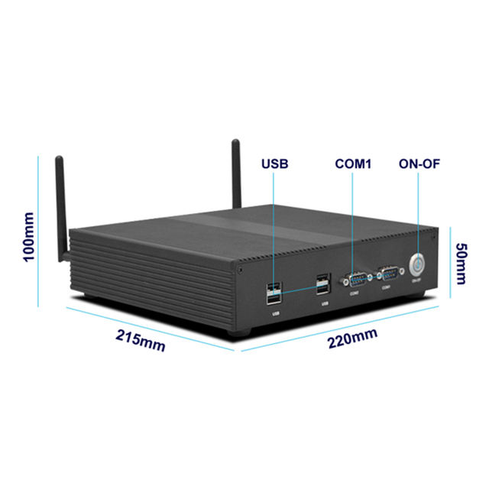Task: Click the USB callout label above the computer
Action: coord(275,164)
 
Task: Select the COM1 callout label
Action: coord(352,164)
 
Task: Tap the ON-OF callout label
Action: coord(419,164)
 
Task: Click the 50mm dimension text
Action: coord(461,263)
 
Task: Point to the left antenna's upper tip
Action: coord(59,160)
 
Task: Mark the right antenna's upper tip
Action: coord(235,143)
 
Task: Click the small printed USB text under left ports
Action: coord(275,313)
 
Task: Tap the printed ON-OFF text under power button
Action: coord(416,282)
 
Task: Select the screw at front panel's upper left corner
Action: coord(241,270)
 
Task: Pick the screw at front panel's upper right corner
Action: coord(432,239)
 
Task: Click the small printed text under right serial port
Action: coord(386,287)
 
